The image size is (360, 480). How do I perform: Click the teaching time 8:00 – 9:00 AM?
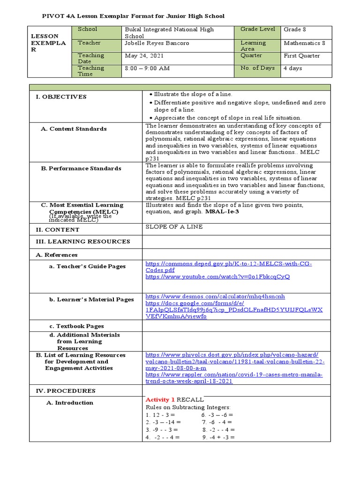(x=147, y=68)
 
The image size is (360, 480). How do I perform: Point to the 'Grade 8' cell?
(x=295, y=30)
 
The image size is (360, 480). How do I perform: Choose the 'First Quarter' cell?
(x=302, y=56)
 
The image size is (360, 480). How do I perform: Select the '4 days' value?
(x=293, y=68)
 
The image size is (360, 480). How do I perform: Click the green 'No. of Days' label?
(x=257, y=68)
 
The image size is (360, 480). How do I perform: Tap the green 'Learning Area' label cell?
(x=253, y=45)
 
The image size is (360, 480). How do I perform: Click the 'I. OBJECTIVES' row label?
(x=61, y=97)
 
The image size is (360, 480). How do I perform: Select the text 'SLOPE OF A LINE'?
(x=174, y=227)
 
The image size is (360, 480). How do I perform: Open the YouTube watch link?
(x=217, y=277)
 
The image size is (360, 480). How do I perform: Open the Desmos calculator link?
(x=215, y=297)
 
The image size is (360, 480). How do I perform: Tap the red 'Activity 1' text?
(x=160, y=399)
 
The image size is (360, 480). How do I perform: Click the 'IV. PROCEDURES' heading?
(x=66, y=390)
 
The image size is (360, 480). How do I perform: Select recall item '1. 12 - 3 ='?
(x=160, y=415)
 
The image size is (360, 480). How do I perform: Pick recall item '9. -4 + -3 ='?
(x=218, y=437)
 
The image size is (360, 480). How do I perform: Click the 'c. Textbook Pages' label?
(x=77, y=326)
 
